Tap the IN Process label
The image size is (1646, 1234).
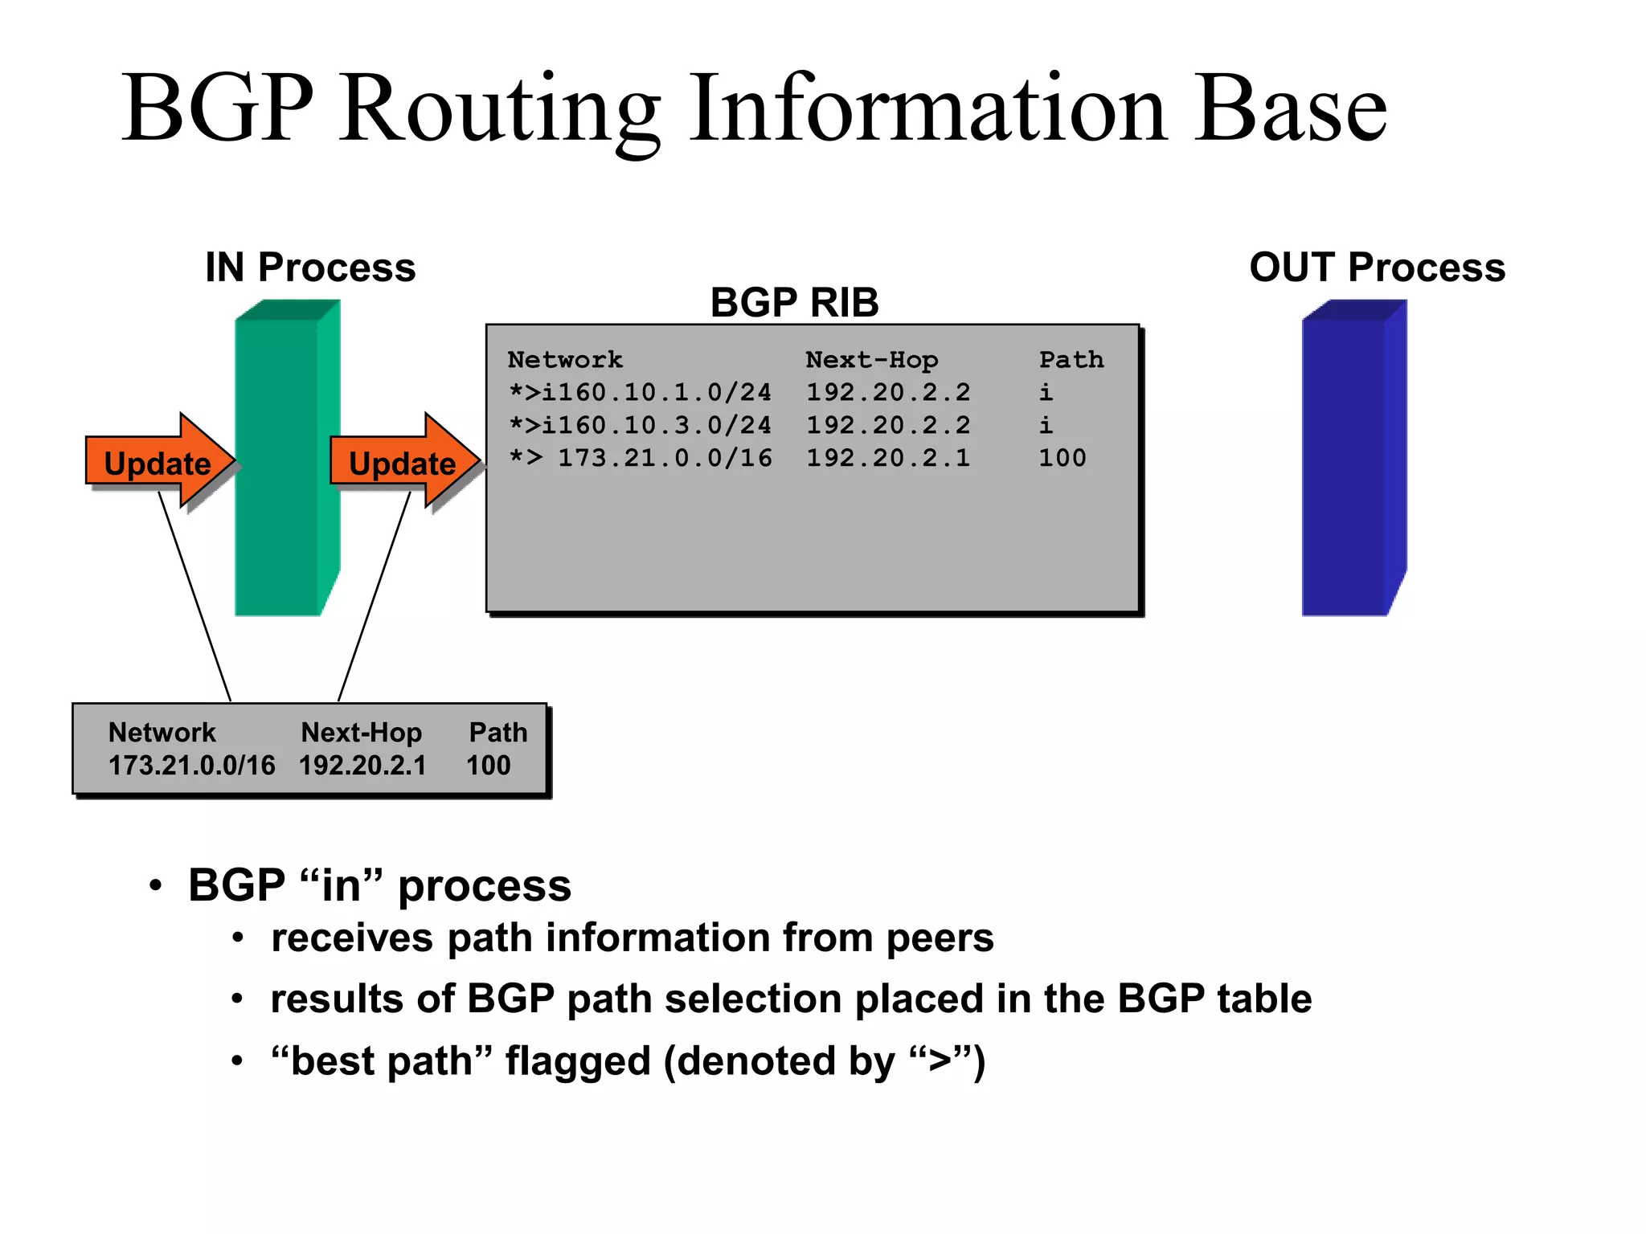(x=310, y=268)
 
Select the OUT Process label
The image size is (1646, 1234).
(x=1377, y=268)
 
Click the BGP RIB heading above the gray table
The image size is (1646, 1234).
(x=794, y=303)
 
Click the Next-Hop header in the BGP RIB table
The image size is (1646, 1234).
(x=871, y=360)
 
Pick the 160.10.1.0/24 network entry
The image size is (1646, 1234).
(x=655, y=393)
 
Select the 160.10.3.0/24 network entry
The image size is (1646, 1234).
(x=655, y=426)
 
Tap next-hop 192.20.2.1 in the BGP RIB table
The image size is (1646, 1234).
(x=888, y=459)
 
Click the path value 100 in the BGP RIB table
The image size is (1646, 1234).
(x=1062, y=459)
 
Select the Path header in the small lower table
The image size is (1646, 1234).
(x=497, y=733)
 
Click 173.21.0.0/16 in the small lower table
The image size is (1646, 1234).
(x=191, y=766)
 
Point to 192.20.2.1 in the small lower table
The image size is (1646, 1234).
(x=362, y=766)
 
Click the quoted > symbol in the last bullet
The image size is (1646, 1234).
(x=940, y=1062)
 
